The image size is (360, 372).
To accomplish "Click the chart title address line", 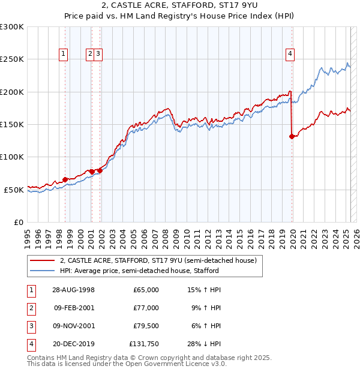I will tap(179, 7).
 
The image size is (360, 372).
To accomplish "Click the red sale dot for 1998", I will tap(65, 179).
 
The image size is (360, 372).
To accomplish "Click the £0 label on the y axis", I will tap(17, 222).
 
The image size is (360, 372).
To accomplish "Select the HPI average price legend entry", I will tap(139, 271).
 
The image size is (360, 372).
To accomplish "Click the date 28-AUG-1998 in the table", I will tap(74, 290).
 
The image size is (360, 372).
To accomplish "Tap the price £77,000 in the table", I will tap(146, 308).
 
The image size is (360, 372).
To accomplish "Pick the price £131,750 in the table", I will tap(144, 344).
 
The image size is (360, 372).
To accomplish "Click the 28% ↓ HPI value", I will tap(204, 344).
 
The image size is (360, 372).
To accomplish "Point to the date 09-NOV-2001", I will tap(74, 326).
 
